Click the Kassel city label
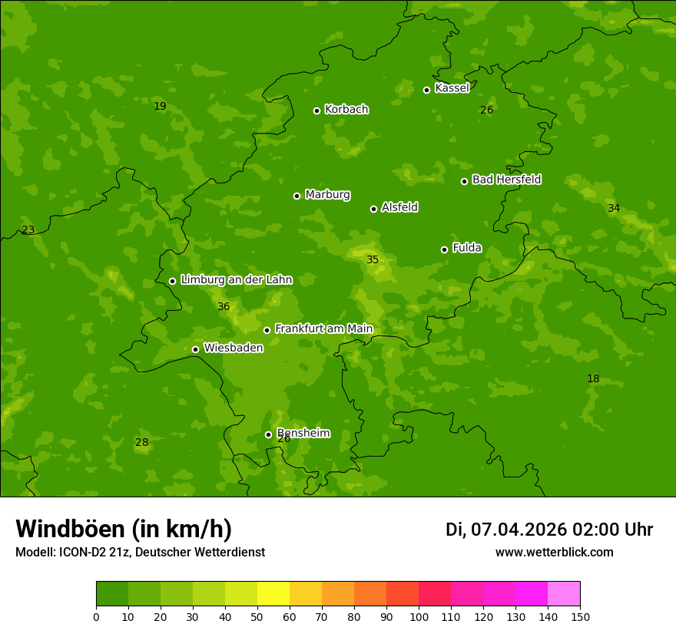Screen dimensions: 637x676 [452, 88]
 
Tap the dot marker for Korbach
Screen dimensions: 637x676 [316, 111]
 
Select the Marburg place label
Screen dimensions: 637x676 [327, 195]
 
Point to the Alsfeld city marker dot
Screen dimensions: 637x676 [374, 209]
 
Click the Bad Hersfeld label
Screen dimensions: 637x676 [506, 180]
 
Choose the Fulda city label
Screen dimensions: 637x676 [467, 248]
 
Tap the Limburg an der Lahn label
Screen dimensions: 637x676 [236, 280]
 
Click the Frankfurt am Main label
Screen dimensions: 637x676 [323, 329]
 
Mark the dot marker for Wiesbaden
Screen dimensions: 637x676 [195, 349]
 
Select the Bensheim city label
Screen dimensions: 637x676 [303, 434]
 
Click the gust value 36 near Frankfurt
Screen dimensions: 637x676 [224, 307]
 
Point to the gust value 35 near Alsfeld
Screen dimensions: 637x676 [373, 260]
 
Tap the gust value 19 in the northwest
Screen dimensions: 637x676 [160, 107]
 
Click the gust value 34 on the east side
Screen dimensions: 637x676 [614, 209]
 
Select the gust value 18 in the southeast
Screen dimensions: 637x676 [593, 379]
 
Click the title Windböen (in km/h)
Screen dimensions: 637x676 [124, 529]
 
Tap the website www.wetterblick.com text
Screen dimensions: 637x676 [554, 553]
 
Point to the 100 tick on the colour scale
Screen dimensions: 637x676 [419, 616]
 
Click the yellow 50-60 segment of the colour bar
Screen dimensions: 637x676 [273, 593]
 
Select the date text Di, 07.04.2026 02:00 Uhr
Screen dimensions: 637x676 [548, 530]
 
